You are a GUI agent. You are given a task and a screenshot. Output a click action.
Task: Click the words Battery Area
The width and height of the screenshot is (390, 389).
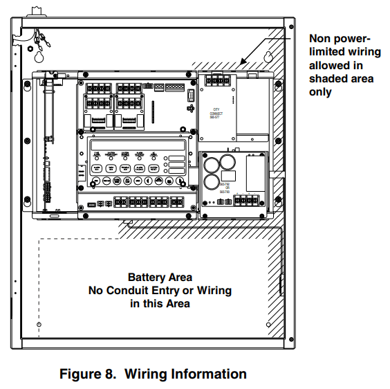click(160, 277)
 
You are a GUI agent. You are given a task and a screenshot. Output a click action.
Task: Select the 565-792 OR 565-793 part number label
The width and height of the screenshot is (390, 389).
click(225, 188)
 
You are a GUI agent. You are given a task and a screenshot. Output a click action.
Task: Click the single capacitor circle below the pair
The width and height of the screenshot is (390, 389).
click(211, 183)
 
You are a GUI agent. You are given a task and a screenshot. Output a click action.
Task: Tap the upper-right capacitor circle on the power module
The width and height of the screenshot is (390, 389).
click(227, 164)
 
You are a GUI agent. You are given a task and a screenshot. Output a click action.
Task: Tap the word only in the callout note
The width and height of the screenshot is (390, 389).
click(320, 92)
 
